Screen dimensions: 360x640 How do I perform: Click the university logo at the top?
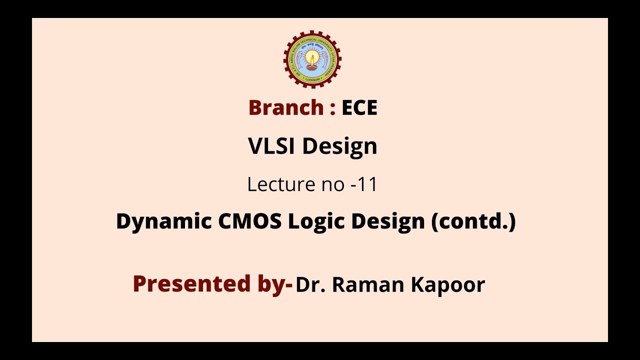[312, 59]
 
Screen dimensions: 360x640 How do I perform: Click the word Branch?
[286, 108]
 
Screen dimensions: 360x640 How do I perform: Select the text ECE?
[359, 108]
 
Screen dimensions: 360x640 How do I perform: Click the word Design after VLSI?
[339, 146]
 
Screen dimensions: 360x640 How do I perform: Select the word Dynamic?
[164, 221]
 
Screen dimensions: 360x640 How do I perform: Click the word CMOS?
[250, 221]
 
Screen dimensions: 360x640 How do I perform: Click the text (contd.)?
[473, 221]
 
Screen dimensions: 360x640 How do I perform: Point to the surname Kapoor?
[448, 285]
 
